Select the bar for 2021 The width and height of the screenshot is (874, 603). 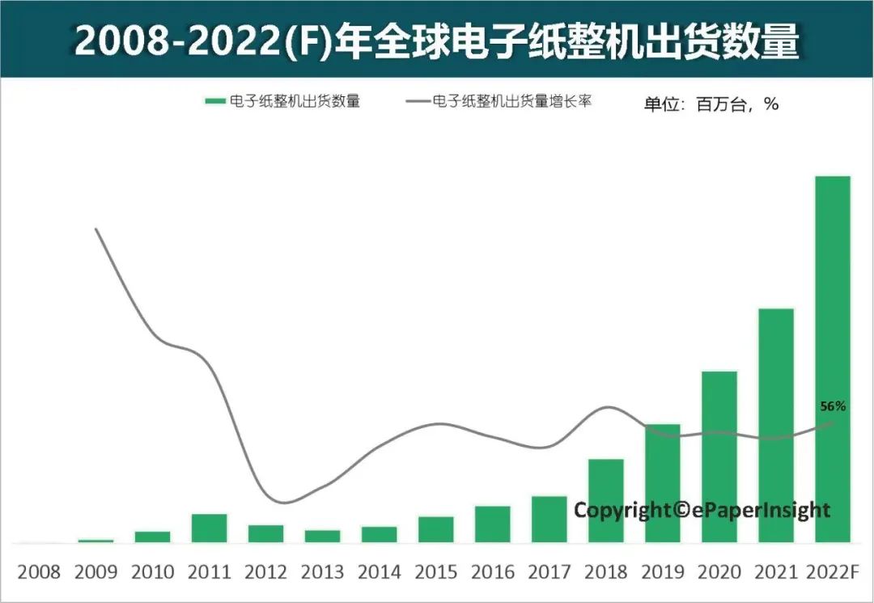click(x=775, y=425)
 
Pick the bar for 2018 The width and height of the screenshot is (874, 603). click(x=605, y=500)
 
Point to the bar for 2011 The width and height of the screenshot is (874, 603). click(x=209, y=528)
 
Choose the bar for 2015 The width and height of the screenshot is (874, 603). click(x=435, y=529)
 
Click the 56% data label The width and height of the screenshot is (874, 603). click(x=833, y=406)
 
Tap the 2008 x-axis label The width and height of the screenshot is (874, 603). click(x=39, y=572)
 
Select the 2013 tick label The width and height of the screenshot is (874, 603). click(x=322, y=572)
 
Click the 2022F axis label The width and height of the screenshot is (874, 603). click(x=832, y=572)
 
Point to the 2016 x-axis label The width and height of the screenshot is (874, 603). click(x=492, y=572)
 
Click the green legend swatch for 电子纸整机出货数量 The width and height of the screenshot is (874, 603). click(x=214, y=102)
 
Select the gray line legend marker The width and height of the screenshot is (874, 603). click(x=416, y=102)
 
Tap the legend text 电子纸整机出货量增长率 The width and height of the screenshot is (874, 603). click(x=514, y=102)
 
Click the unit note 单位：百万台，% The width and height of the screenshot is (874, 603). click(x=711, y=104)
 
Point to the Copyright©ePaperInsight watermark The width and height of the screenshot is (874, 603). click(x=702, y=510)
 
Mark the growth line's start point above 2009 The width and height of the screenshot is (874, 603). click(x=96, y=229)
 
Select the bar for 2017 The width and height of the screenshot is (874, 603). click(x=549, y=519)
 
